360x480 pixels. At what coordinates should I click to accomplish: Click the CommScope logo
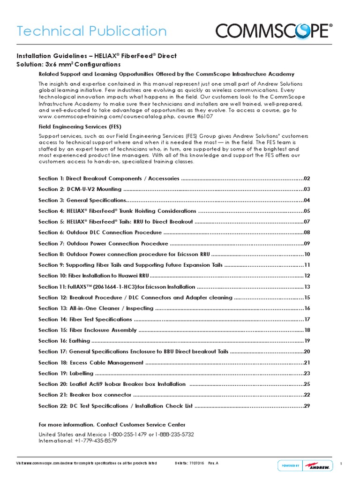[x=274, y=31]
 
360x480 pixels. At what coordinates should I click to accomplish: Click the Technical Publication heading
[x=92, y=31]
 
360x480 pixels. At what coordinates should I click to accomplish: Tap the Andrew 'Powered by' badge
[x=305, y=465]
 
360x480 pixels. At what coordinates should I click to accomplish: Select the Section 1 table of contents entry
[x=109, y=179]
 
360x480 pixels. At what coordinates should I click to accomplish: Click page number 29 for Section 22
[x=307, y=406]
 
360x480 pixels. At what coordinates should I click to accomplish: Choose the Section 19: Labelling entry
[x=66, y=374]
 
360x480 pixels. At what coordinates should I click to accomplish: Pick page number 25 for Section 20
[x=307, y=384]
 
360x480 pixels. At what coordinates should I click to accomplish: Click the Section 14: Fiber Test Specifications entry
[x=85, y=319]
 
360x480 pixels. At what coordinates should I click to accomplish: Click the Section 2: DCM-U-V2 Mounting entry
[x=80, y=189]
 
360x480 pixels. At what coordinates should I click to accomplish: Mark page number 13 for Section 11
[x=307, y=287]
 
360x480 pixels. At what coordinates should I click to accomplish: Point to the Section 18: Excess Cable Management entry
[x=91, y=363]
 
